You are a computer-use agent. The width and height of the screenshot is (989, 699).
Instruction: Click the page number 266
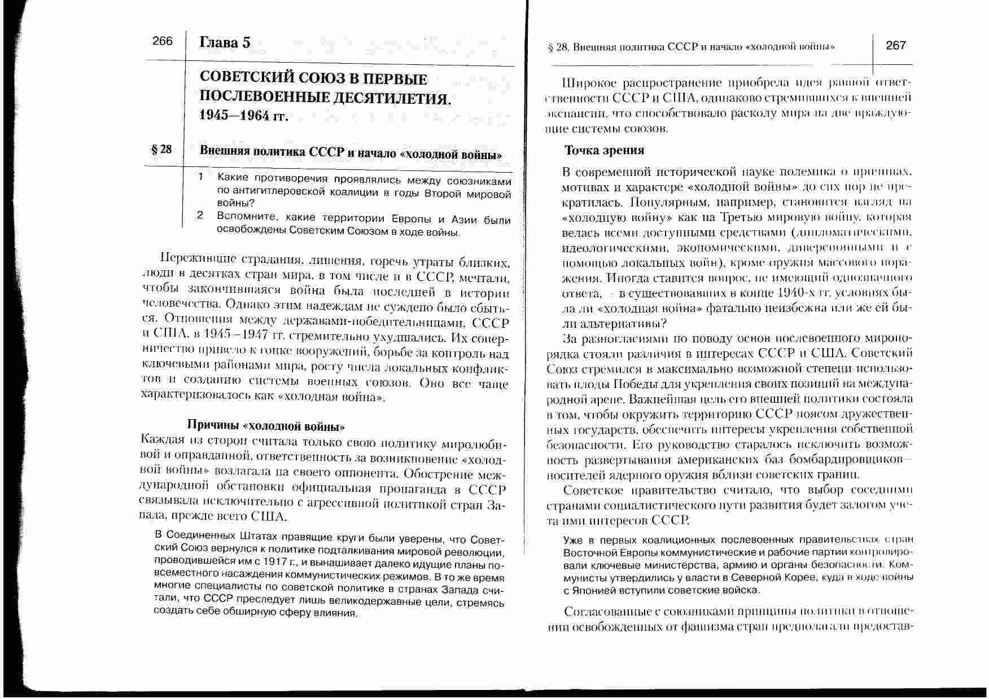click(x=163, y=41)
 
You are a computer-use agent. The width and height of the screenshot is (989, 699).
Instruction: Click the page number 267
click(x=896, y=45)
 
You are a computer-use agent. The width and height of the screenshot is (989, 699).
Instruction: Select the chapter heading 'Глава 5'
click(x=225, y=42)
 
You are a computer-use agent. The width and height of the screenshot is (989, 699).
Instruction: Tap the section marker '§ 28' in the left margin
click(x=161, y=150)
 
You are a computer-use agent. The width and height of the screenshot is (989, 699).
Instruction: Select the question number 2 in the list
click(x=200, y=216)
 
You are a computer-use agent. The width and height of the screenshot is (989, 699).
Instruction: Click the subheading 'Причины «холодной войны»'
click(x=265, y=425)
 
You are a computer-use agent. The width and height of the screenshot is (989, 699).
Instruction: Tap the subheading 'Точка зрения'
click(x=605, y=150)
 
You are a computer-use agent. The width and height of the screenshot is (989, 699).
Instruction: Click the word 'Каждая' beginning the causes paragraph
click(x=163, y=439)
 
